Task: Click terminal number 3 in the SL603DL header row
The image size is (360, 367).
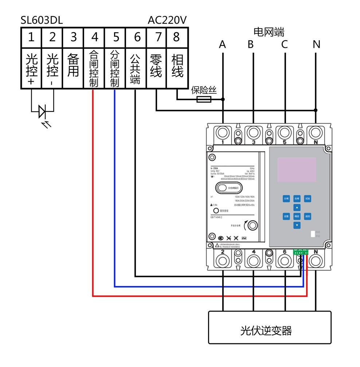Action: (74, 37)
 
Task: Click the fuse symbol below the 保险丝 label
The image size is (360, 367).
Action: (204, 99)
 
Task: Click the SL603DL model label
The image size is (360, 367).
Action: (42, 20)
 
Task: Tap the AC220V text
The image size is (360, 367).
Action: (167, 20)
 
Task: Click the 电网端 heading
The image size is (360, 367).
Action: (269, 32)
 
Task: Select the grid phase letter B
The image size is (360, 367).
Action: (251, 44)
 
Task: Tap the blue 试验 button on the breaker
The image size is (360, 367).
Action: (308, 199)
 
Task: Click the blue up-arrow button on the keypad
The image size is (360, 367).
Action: (297, 207)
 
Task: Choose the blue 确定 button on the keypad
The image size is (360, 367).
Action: (297, 216)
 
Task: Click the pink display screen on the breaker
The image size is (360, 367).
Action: (297, 170)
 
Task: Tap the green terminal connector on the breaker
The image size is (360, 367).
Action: (301, 252)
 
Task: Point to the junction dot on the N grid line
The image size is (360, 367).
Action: (316, 110)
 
